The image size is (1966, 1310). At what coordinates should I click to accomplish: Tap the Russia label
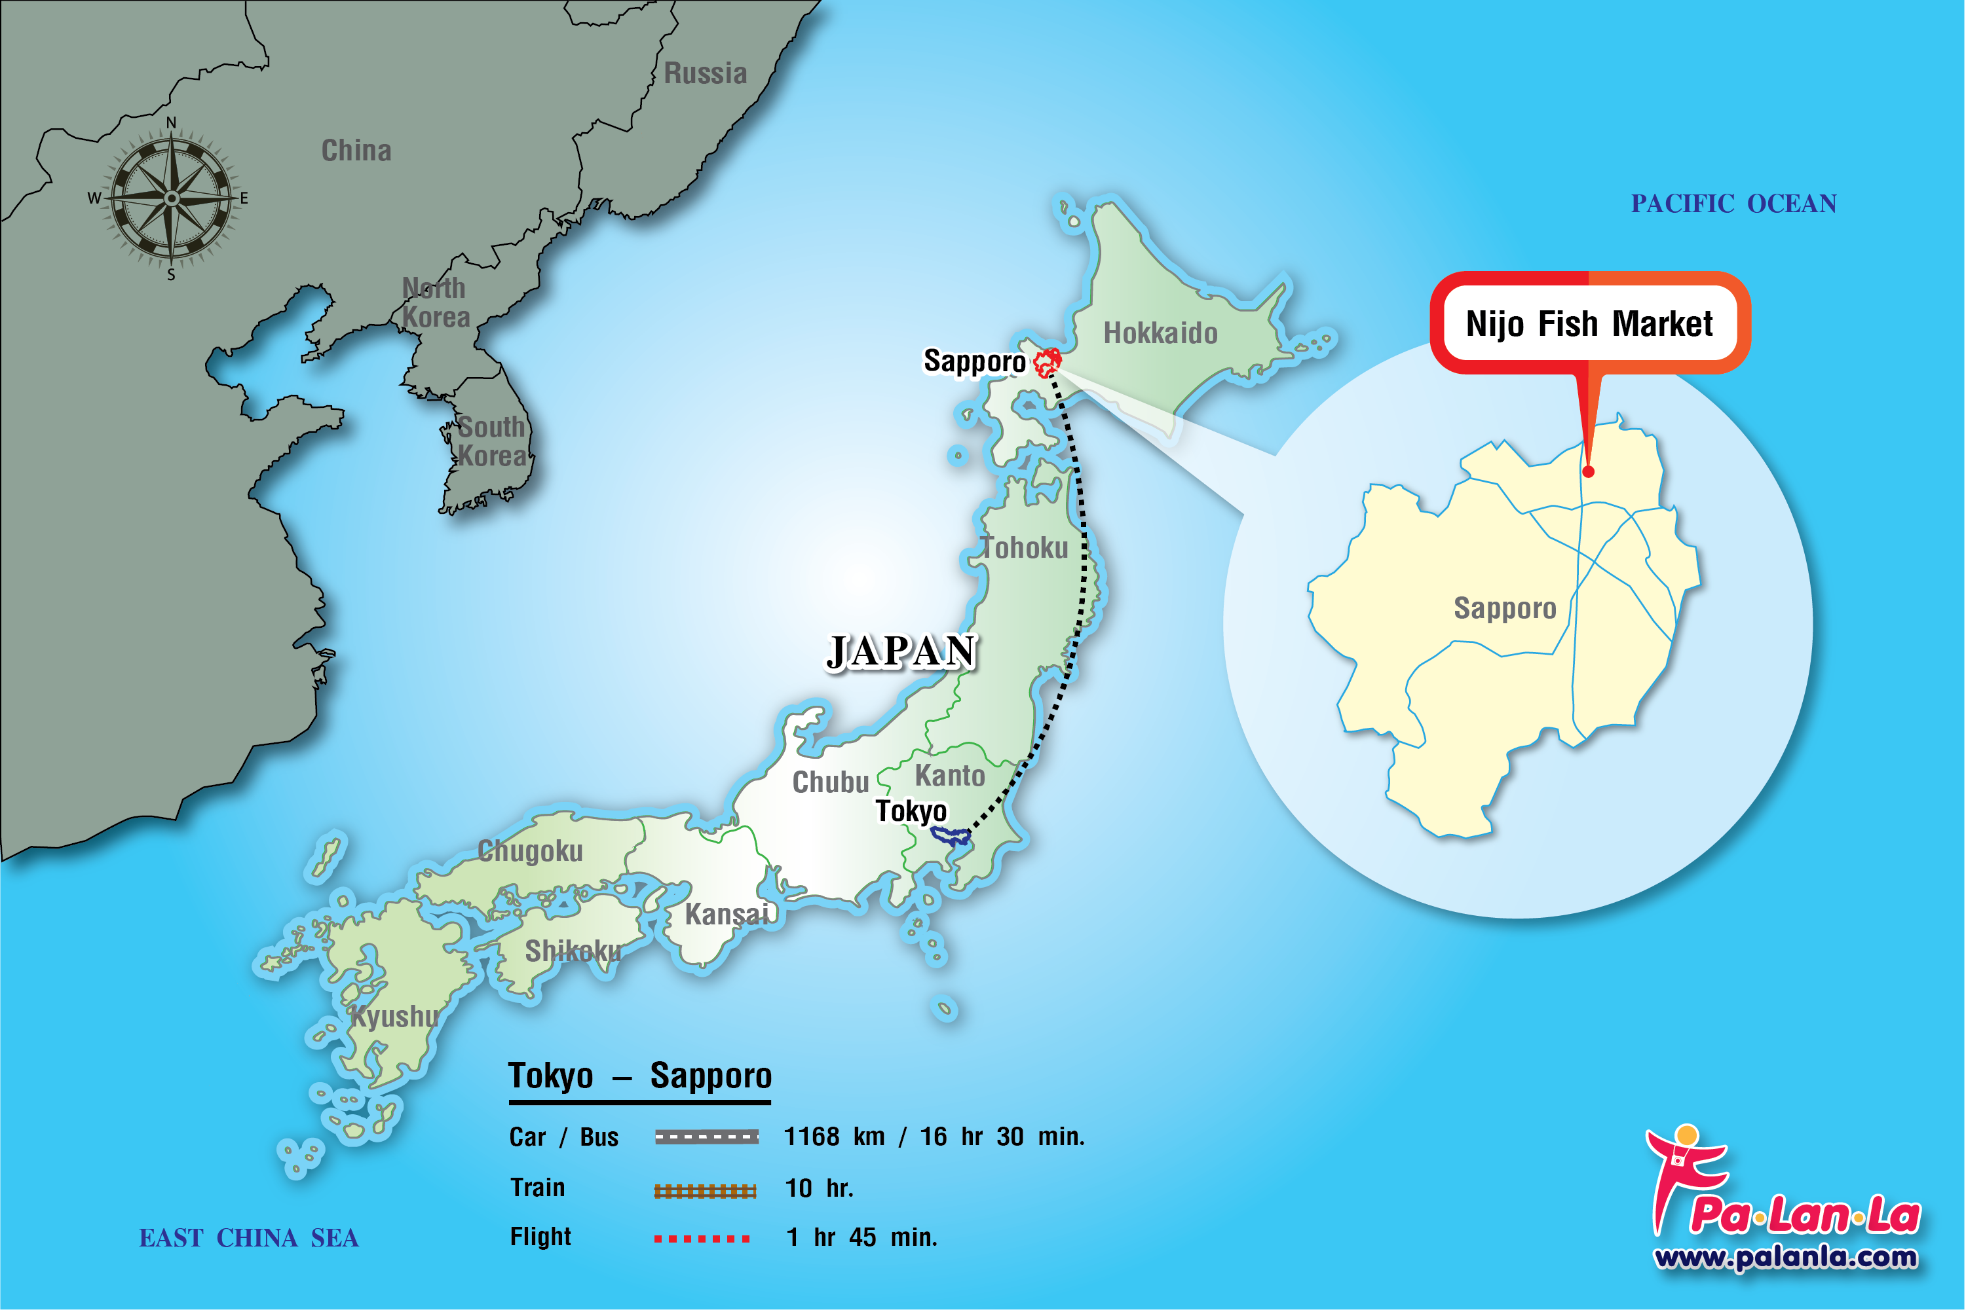pos(705,73)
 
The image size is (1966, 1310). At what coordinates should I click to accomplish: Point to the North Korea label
pos(436,302)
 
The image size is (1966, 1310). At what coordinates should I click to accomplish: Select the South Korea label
pos(491,441)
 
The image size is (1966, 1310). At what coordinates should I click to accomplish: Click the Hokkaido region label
pos(1160,333)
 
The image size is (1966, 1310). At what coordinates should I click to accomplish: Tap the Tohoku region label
pos(1025,548)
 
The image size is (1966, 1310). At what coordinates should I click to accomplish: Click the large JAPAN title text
pos(901,651)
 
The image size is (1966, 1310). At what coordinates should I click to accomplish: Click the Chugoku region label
pos(530,851)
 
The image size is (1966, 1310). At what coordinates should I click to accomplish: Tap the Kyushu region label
pos(394,1017)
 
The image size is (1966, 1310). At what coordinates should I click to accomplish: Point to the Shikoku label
pos(573,951)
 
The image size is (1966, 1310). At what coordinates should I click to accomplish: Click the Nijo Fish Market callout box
pos(1589,323)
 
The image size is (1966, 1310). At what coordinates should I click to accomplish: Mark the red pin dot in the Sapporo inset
pos(1588,472)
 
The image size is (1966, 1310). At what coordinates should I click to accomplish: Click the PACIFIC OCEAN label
pos(1733,204)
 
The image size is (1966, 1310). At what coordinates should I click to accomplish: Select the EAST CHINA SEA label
pos(248,1238)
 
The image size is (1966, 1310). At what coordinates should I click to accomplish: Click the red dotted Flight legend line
pos(702,1238)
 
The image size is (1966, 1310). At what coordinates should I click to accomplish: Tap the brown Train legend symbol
pos(705,1191)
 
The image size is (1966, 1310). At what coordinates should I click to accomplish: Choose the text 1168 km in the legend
pos(834,1137)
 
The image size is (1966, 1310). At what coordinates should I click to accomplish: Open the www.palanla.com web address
pos(1785,1258)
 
